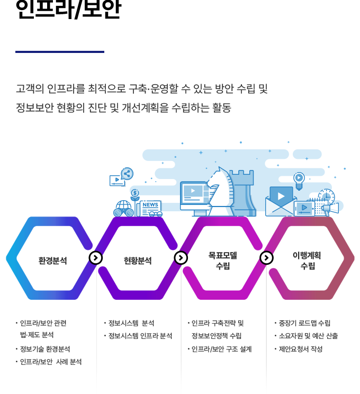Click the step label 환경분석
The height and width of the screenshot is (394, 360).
coord(53,261)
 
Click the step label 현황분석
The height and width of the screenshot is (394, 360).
coord(138,261)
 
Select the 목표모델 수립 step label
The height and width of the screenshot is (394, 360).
coord(222,261)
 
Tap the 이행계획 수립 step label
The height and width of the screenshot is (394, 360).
coord(307,261)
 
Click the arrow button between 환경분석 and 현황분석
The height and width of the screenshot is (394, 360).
coord(95,258)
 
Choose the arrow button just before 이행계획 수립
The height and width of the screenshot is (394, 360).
coord(266,258)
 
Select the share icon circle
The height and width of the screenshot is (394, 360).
coord(127,173)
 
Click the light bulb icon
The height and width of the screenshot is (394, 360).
coord(299,179)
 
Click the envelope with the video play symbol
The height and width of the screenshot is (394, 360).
coord(281,201)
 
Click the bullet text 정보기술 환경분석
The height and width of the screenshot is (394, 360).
coord(44,349)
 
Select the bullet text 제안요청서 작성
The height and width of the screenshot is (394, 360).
coord(301,349)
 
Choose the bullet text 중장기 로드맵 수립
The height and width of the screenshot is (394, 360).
coord(304,323)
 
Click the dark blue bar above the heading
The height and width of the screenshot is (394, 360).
coord(59,52)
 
